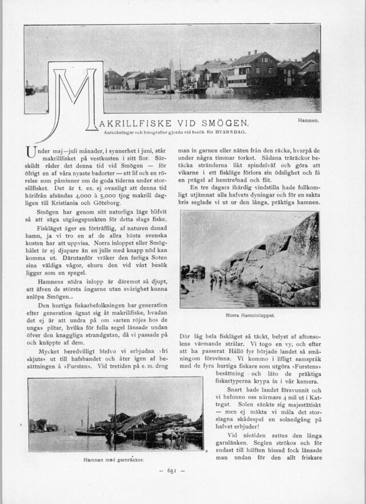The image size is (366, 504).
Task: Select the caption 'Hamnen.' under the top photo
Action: pos(308,121)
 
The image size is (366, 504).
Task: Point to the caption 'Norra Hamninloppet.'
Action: pos(250,315)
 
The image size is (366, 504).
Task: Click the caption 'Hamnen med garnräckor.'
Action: pos(113,459)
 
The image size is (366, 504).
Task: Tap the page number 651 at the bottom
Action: pos(174,470)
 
